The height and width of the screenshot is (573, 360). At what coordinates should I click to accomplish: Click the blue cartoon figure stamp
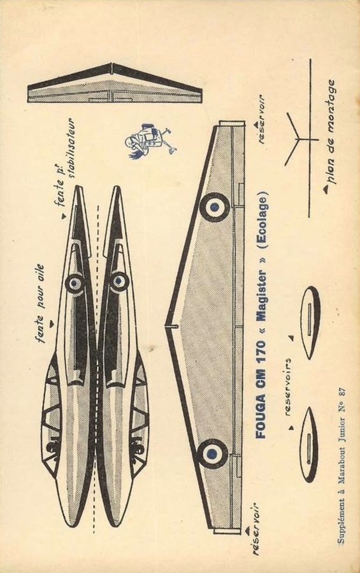point(152,141)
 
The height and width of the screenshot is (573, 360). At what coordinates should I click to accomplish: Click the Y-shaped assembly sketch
point(298,139)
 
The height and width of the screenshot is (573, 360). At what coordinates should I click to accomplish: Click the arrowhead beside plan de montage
point(325,188)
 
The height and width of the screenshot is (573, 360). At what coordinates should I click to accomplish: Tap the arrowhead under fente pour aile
point(52,322)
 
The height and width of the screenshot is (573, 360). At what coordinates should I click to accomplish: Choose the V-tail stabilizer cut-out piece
point(115,83)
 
